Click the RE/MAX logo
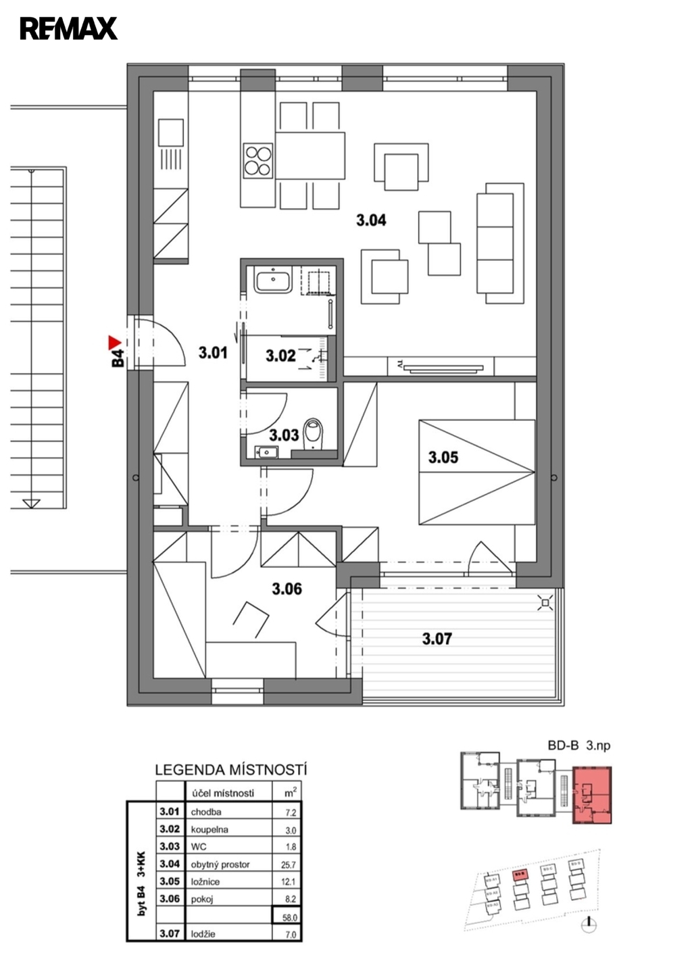[x=68, y=28]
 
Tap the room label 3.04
[x=371, y=220]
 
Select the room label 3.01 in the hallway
[x=213, y=352]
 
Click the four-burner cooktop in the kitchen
[x=257, y=161]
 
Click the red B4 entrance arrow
[x=114, y=342]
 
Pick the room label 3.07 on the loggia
[x=437, y=638]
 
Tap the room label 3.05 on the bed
[x=443, y=458]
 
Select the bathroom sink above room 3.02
[x=272, y=279]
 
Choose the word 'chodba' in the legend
[x=206, y=812]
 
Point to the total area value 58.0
[x=290, y=917]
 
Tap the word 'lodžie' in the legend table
[x=203, y=934]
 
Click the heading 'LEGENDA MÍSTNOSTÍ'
[x=231, y=770]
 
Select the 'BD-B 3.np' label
[x=578, y=746]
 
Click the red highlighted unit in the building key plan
[x=592, y=795]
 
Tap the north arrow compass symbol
[x=589, y=924]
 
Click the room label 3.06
[x=287, y=589]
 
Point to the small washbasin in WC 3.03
[x=266, y=452]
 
